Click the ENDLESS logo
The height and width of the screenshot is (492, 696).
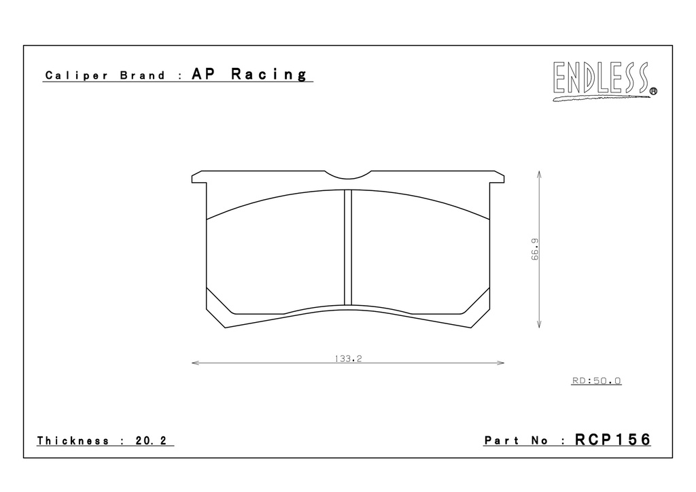[x=604, y=80]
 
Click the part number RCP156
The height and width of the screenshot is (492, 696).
[x=612, y=440]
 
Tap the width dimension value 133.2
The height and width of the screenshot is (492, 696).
[x=349, y=358]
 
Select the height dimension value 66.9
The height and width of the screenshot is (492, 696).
[x=536, y=249]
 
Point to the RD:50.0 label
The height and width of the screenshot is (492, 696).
[x=597, y=381]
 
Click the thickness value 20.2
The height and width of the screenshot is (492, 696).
[x=151, y=440]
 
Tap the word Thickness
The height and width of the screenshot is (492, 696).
[x=73, y=440]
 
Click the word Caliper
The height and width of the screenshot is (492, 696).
[x=76, y=75]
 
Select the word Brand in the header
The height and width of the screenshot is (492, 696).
[x=143, y=75]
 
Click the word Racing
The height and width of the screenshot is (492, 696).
[x=268, y=74]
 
